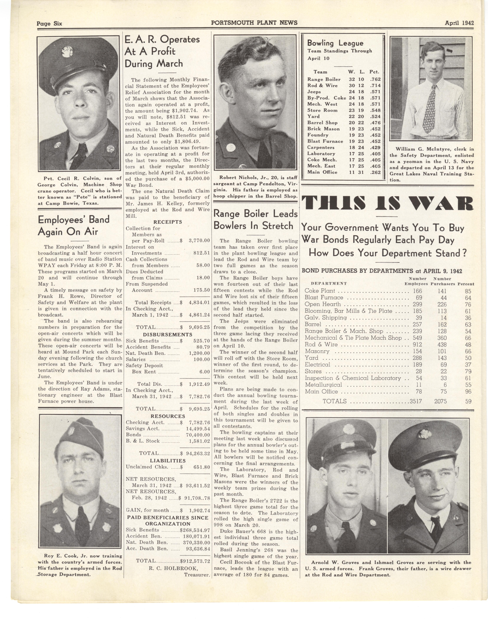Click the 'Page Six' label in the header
point(49,23)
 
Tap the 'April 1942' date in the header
point(459,23)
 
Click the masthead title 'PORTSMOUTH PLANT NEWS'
point(254,23)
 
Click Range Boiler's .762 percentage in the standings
point(375,79)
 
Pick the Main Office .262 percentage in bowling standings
point(375,172)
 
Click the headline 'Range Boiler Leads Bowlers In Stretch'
point(255,220)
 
